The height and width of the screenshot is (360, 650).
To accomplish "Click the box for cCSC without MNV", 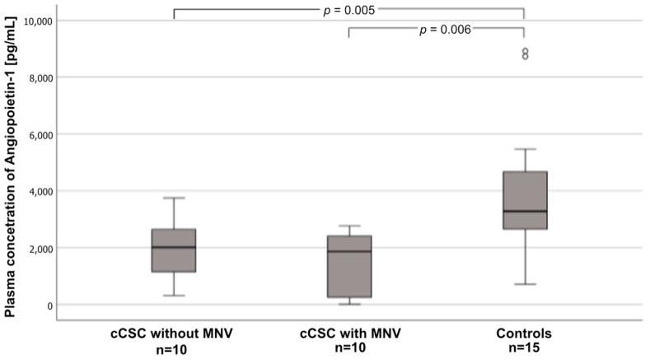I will [x=174, y=250].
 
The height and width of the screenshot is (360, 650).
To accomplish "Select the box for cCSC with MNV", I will [x=349, y=267].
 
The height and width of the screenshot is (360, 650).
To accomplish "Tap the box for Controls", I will [x=524, y=200].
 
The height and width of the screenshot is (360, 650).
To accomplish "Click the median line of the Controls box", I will [x=524, y=212].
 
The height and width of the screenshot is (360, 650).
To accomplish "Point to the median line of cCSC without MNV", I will [x=174, y=247].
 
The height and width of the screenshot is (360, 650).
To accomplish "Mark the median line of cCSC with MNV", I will [x=349, y=251].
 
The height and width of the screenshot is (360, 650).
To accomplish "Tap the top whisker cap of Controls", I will [x=524, y=149].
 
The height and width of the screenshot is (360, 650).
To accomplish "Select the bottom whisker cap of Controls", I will [x=524, y=284].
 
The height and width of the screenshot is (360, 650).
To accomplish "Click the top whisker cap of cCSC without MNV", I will [x=174, y=198].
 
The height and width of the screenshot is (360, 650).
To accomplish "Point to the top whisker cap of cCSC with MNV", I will [x=349, y=226].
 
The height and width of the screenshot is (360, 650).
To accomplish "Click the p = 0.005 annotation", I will [x=348, y=10].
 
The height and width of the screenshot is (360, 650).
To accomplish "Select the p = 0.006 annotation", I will [x=445, y=30].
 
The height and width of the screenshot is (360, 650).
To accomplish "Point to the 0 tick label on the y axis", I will [x=51, y=306].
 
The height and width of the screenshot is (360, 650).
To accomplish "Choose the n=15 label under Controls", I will [x=524, y=348].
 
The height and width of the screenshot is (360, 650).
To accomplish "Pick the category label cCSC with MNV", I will [x=349, y=334].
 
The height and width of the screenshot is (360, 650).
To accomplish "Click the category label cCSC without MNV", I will [x=174, y=334].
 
